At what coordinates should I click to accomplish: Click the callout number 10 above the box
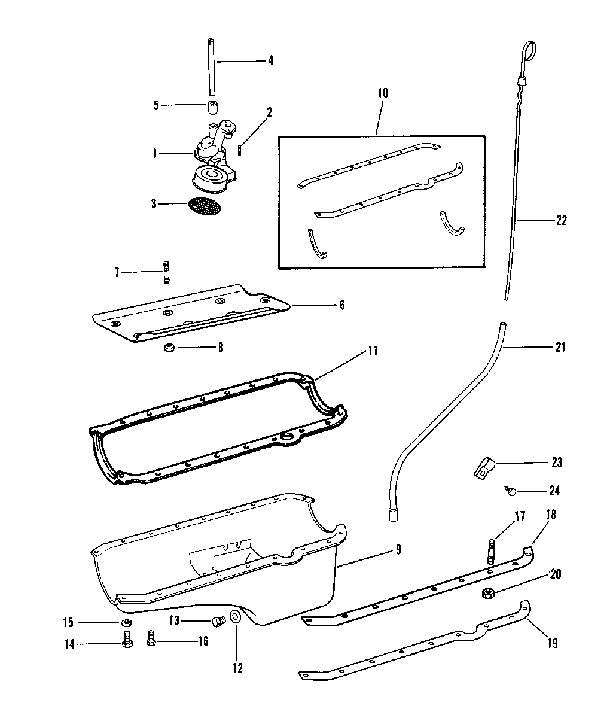coord(383,93)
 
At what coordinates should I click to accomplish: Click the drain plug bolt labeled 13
coord(218,621)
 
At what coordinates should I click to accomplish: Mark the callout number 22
coord(561,220)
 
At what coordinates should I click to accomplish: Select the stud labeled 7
coord(166,272)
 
